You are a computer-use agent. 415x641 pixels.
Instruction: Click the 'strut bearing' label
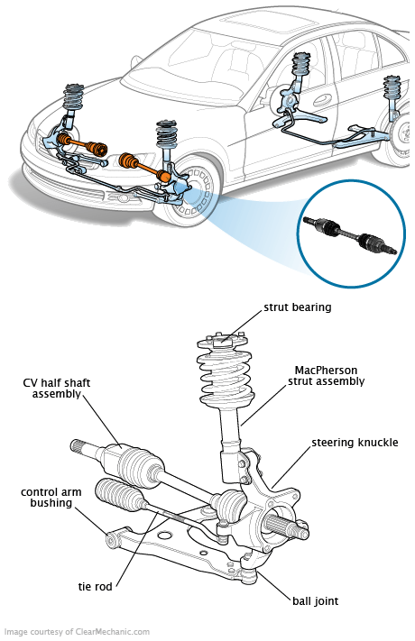coord(297,307)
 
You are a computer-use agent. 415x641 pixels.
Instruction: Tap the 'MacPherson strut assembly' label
coord(326,376)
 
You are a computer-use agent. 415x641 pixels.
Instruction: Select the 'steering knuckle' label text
coord(355,443)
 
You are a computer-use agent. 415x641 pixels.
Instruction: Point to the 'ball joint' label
coord(315,601)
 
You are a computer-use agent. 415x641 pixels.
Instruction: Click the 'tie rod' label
coord(95,587)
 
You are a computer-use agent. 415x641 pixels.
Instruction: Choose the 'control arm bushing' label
coord(51,498)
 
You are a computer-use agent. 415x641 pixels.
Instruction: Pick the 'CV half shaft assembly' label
coord(57,389)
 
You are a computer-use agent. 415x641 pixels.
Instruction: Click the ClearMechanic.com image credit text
coord(77,632)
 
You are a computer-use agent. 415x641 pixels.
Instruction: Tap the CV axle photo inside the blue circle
coord(350,236)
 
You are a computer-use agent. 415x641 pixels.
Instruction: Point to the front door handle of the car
coord(323,100)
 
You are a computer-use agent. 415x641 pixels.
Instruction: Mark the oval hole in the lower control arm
coord(164,536)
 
